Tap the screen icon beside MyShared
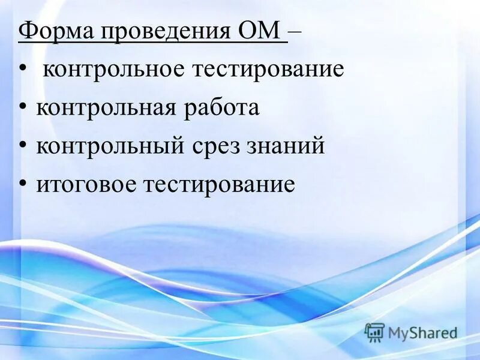374,332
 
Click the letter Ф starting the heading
26,31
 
